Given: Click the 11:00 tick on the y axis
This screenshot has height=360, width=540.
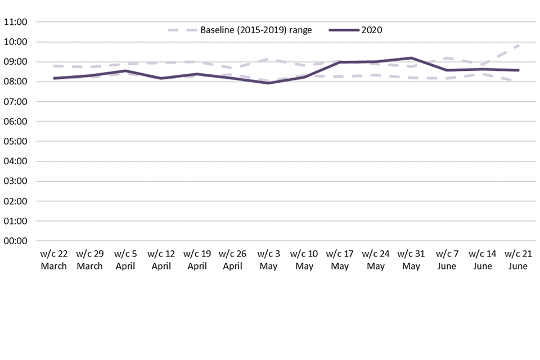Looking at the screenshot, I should [x=16, y=22].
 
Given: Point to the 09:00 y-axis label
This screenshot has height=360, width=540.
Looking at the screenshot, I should [x=16, y=62].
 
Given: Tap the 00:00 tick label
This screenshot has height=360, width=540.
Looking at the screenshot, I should [x=16, y=241].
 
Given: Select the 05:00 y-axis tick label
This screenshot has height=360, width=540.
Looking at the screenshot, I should [x=16, y=142].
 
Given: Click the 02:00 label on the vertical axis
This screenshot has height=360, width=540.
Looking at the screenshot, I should [x=16, y=201].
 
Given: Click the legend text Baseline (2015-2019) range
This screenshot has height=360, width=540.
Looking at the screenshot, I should [x=256, y=30].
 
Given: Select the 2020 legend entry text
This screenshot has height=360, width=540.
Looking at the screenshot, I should [x=372, y=30].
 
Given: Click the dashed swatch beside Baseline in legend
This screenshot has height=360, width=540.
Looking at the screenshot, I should [x=181, y=30].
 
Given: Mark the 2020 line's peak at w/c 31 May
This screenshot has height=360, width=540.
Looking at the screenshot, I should [x=411, y=58].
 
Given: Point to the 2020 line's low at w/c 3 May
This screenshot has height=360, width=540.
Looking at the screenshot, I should [x=268, y=83].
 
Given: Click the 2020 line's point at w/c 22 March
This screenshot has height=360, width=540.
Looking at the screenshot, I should [x=55, y=78].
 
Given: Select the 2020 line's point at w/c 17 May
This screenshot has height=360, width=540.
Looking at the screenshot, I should [x=340, y=62].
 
